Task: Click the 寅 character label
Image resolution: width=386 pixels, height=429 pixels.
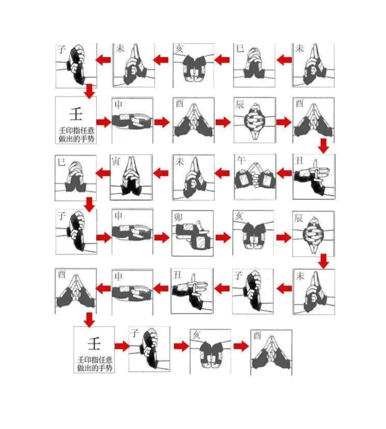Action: pos(116,161)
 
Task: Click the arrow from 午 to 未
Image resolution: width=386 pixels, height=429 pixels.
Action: pos(222,173)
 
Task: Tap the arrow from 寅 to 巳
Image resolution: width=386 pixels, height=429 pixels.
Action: pos(103,173)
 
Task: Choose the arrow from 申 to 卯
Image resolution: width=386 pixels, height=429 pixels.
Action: pos(162,237)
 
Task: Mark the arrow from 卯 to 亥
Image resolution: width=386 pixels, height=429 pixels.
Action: pos(223,237)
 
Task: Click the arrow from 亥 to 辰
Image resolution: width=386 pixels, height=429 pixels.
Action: pos(283,237)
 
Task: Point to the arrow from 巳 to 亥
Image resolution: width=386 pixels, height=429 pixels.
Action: pos(222,60)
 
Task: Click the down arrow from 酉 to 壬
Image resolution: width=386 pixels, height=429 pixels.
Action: pos(89,320)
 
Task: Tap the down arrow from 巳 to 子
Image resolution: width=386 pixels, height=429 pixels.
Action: pos(89,204)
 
